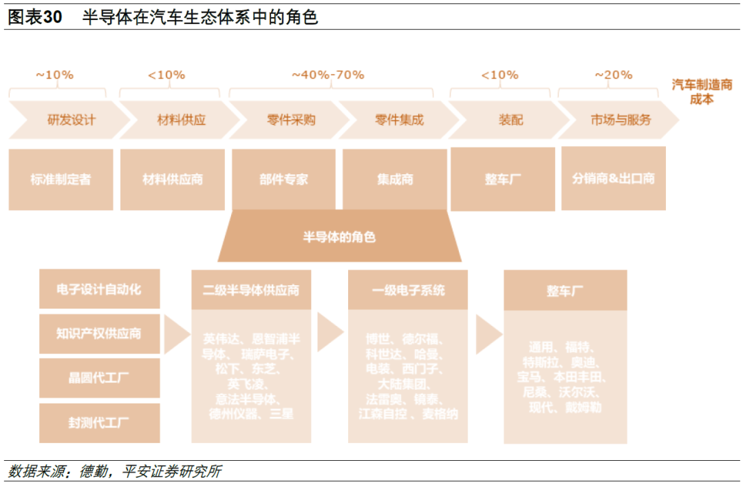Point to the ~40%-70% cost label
click(328, 74)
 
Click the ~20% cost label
click(613, 74)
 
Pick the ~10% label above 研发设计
click(54, 74)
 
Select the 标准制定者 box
click(61, 180)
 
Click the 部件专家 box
click(284, 180)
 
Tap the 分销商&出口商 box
click(613, 178)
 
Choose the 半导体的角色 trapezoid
click(339, 237)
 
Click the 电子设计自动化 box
click(99, 289)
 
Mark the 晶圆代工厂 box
click(99, 378)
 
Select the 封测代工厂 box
click(99, 423)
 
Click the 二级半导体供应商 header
click(251, 290)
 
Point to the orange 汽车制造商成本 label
click(702, 92)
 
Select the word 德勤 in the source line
click(94, 472)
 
